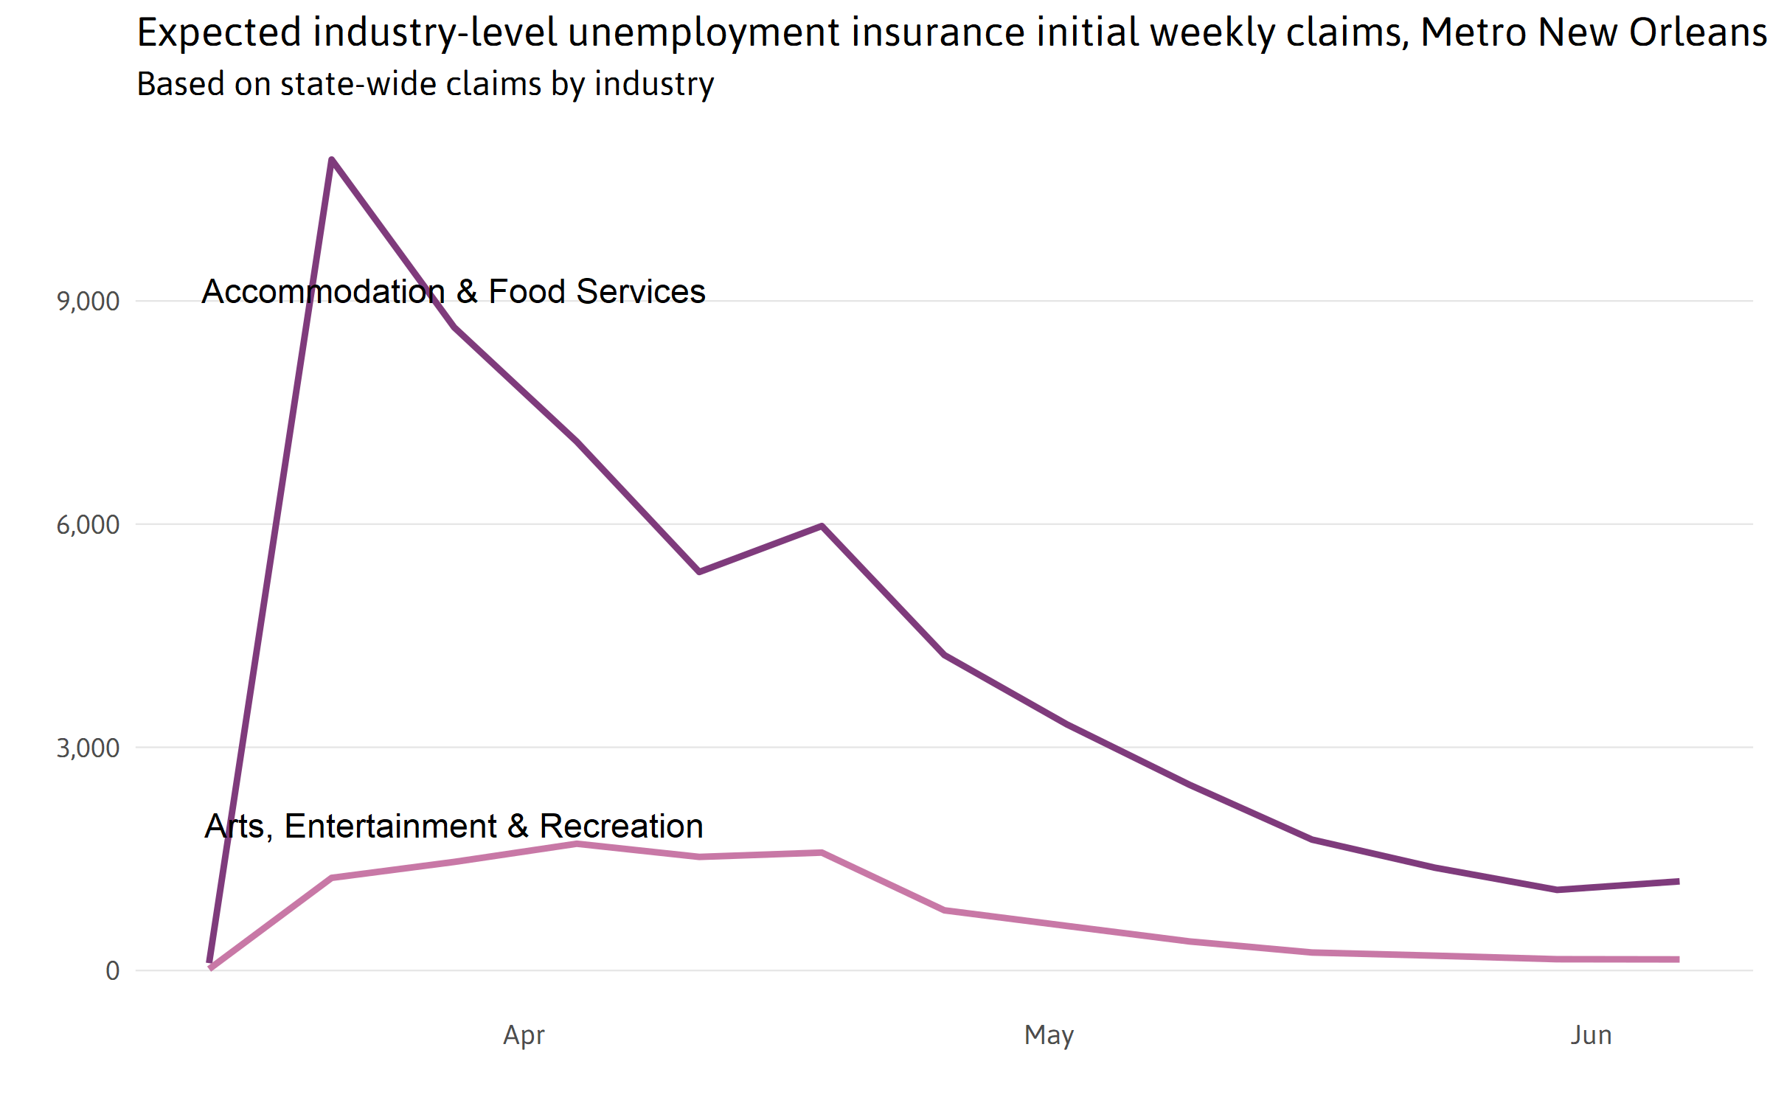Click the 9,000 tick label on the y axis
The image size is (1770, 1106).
[88, 302]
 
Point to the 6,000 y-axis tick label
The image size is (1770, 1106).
[88, 525]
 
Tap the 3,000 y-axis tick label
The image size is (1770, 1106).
[88, 748]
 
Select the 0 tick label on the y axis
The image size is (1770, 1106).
[112, 971]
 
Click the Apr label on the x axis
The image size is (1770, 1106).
[524, 1035]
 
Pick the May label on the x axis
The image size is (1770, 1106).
[1049, 1035]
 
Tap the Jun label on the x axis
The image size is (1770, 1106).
[1591, 1035]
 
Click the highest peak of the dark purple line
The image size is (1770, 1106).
[332, 159]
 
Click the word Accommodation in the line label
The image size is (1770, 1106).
[323, 292]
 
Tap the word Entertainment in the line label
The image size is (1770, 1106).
[390, 827]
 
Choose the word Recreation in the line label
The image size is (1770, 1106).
[621, 827]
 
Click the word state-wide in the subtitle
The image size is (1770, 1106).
[361, 84]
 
